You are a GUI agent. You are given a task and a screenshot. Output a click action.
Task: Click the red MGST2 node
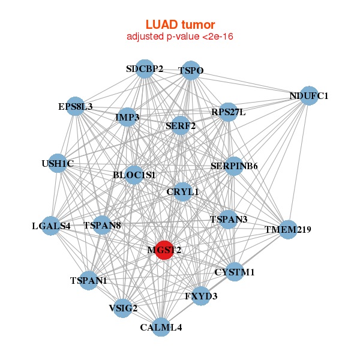pyautogui.click(x=164, y=250)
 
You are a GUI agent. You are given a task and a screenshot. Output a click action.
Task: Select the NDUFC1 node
pyautogui.click(x=308, y=95)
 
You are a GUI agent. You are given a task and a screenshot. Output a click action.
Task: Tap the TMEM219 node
pyautogui.click(x=289, y=229)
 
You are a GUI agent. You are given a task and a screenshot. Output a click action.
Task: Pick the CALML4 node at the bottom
pyautogui.click(x=161, y=327)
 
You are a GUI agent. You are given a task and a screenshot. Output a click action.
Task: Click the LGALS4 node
pyautogui.click(x=52, y=226)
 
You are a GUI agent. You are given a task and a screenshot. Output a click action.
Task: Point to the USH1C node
pyautogui.click(x=58, y=163)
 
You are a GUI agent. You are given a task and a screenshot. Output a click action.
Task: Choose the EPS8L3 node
pyautogui.click(x=75, y=107)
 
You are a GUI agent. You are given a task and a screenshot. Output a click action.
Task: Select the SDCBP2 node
pyautogui.click(x=145, y=68)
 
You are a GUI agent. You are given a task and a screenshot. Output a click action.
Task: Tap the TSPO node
pyautogui.click(x=191, y=70)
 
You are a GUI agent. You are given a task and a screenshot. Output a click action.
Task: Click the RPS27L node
pyautogui.click(x=228, y=112)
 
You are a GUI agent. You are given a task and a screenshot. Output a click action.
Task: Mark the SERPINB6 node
pyautogui.click(x=234, y=166)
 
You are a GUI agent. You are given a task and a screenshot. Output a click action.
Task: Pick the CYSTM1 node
pyautogui.click(x=235, y=272)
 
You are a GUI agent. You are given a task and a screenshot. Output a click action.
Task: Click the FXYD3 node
pyautogui.click(x=201, y=296)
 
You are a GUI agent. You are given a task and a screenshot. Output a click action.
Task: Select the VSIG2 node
pyautogui.click(x=123, y=308)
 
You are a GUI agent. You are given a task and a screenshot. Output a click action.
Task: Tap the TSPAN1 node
pyautogui.click(x=88, y=280)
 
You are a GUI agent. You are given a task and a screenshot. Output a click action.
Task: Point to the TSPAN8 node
pyautogui.click(x=102, y=226)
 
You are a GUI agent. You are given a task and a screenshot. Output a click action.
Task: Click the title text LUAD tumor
pyautogui.click(x=179, y=25)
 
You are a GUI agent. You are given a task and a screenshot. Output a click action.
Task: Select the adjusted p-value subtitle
pyautogui.click(x=179, y=37)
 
